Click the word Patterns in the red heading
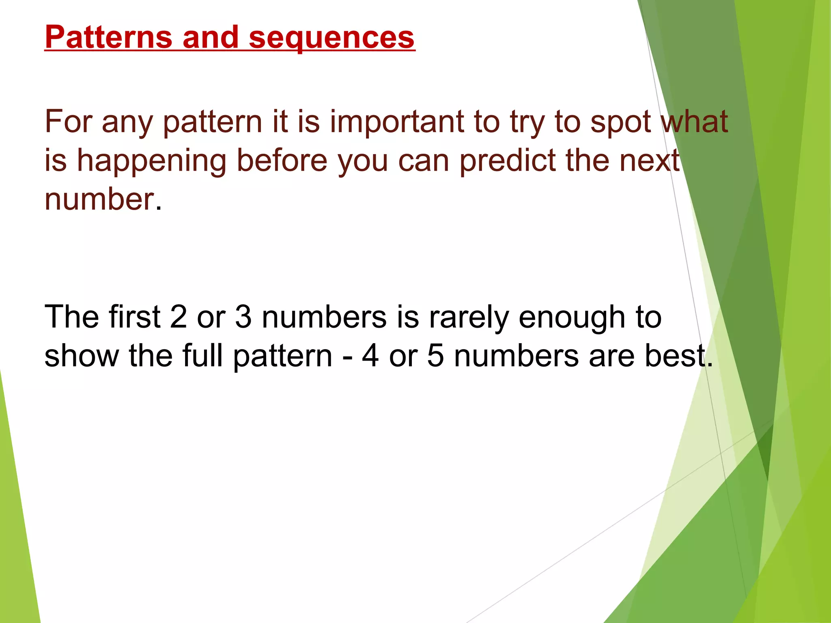108,37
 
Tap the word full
202,355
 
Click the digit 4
370,355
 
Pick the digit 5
435,355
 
